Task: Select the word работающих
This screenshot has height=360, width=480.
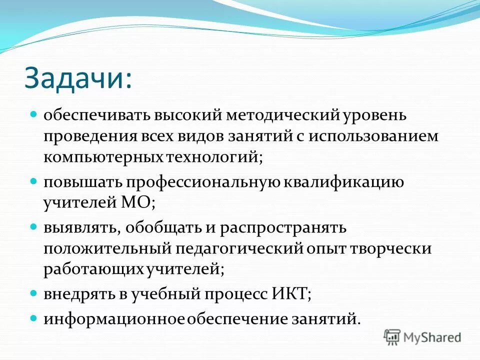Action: (x=94, y=269)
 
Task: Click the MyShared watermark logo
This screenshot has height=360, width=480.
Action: (x=422, y=337)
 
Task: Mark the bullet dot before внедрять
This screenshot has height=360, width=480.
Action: (x=34, y=292)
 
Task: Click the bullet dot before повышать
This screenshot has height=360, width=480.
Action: (x=34, y=180)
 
